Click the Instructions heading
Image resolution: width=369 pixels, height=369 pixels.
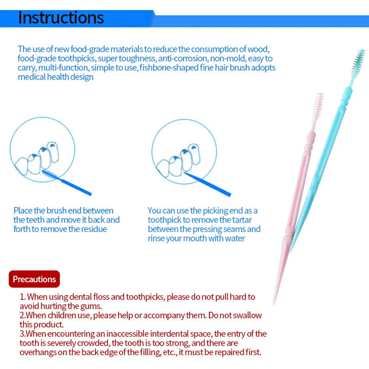[61, 18]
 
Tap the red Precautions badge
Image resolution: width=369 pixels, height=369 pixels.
[34, 279]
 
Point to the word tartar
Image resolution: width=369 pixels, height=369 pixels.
[240, 220]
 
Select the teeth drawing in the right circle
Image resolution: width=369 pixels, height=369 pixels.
[178, 157]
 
